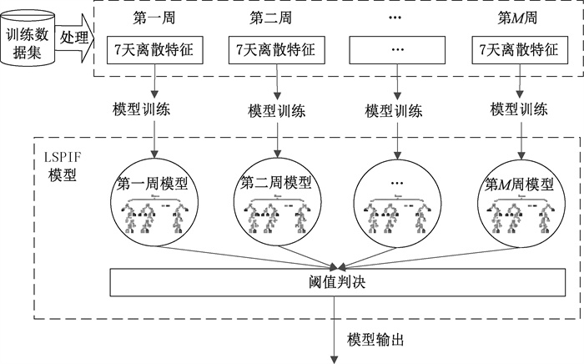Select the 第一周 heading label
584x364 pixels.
tap(153, 17)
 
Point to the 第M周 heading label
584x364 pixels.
tap(511, 17)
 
